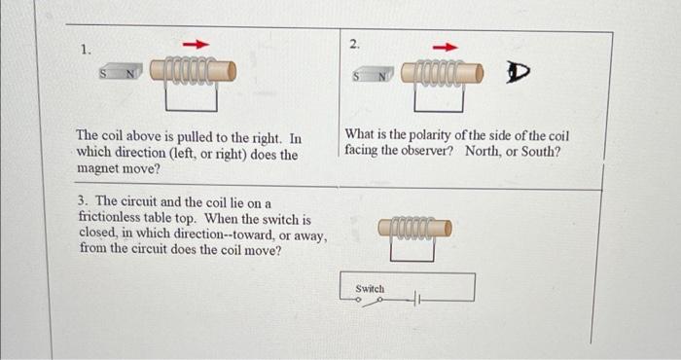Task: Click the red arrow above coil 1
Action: point(196,45)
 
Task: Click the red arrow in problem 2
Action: point(446,48)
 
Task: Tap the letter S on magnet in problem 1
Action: point(103,73)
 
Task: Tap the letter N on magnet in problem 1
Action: point(129,74)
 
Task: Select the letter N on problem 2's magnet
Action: point(381,77)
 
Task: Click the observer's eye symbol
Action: point(519,73)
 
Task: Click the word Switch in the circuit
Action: point(370,289)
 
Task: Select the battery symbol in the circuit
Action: point(416,300)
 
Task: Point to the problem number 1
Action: point(86,51)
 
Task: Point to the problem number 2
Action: point(354,44)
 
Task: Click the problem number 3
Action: point(84,200)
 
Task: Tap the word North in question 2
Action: point(482,151)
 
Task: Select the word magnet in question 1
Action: point(96,168)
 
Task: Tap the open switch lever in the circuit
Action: point(372,303)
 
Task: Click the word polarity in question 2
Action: point(429,135)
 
